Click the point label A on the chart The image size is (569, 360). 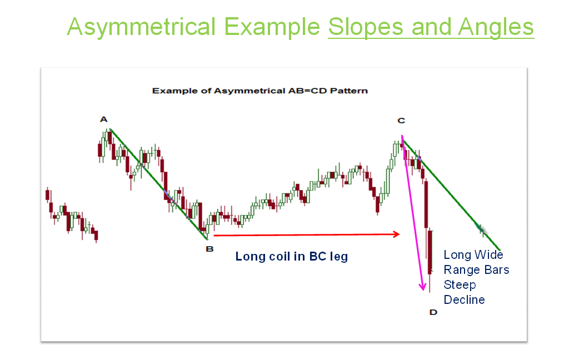click(104, 119)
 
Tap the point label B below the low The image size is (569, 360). click(209, 249)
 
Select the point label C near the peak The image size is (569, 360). click(401, 121)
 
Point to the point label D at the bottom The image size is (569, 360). click(433, 312)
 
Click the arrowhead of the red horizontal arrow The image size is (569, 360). click(397, 234)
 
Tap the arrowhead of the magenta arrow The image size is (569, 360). click(423, 287)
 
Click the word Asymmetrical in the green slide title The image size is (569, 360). click(141, 27)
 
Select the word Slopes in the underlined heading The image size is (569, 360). click(366, 27)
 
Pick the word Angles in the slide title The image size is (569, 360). click(496, 27)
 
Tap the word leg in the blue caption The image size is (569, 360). click(339, 257)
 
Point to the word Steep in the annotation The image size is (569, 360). click(460, 285)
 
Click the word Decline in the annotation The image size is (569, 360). click(464, 300)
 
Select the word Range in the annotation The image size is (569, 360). click(458, 270)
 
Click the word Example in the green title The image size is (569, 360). click(272, 27)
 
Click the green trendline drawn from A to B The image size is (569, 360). click(159, 184)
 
